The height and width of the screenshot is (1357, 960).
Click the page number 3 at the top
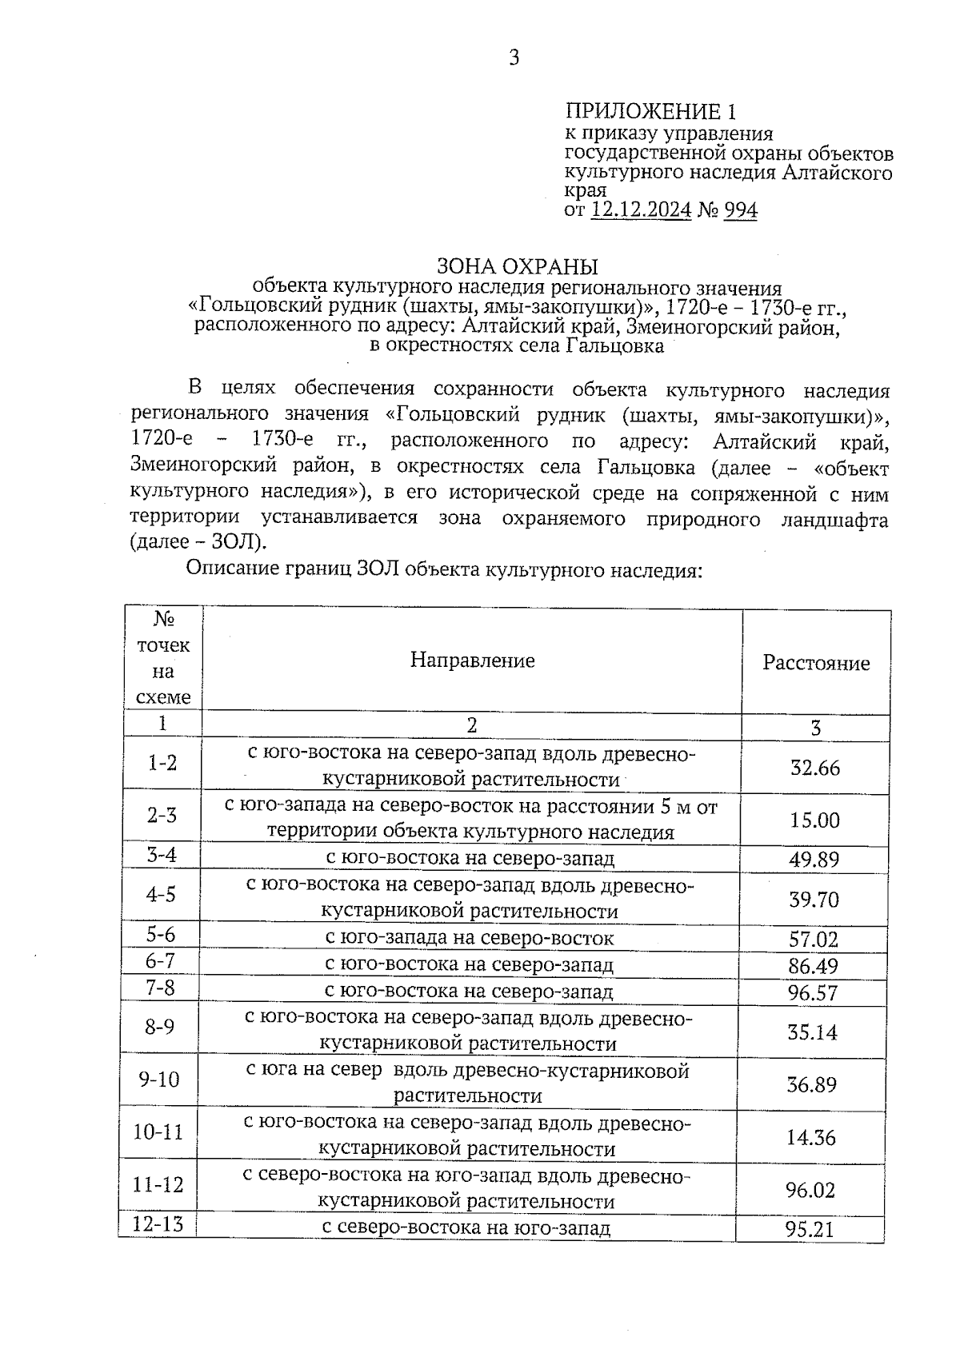(x=514, y=58)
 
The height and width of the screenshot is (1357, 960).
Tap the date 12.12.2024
(x=641, y=210)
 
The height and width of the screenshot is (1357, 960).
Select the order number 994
(x=740, y=210)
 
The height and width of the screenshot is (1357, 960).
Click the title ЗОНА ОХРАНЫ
(x=517, y=265)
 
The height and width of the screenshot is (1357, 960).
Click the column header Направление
(x=472, y=660)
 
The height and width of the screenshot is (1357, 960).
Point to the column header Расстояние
(x=816, y=663)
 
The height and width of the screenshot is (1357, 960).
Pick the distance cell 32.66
(x=814, y=768)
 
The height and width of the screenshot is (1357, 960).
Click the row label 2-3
(x=162, y=815)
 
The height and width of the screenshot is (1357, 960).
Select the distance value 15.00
(x=814, y=820)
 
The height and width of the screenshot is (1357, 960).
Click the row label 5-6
(x=161, y=934)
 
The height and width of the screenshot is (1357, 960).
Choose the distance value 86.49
(x=814, y=966)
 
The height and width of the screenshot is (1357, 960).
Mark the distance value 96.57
(x=814, y=993)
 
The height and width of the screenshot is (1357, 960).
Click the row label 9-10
(x=160, y=1080)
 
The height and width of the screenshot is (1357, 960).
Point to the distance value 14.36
(x=811, y=1137)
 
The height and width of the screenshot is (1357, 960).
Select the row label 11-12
(x=158, y=1184)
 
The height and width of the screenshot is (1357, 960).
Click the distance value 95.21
(x=810, y=1229)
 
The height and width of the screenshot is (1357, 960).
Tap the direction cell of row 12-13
(x=466, y=1227)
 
